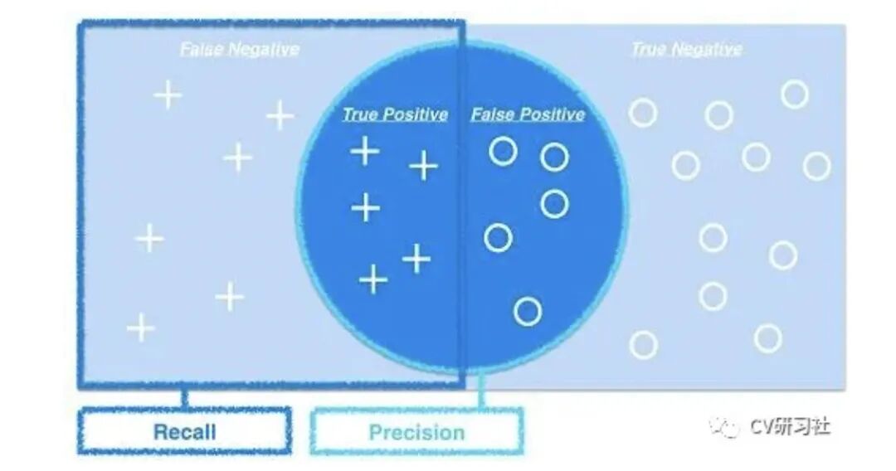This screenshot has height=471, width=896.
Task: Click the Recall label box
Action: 184,431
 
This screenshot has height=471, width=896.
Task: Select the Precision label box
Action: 416,432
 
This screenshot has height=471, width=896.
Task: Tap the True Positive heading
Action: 395,114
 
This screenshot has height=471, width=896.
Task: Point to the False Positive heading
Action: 528,114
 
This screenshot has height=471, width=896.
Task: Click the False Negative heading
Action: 239,49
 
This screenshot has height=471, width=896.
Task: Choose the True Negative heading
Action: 686,49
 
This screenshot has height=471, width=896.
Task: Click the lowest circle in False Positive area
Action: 528,312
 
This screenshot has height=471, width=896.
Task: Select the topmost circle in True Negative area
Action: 794,95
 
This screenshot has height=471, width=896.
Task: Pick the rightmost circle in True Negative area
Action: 816,166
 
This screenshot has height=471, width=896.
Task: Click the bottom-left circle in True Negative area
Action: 643,344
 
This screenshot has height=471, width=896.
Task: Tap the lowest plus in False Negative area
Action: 141,328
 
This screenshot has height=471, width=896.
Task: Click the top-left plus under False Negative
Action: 168,96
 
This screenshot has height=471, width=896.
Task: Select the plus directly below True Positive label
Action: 364,152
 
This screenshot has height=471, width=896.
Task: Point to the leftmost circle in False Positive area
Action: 498,238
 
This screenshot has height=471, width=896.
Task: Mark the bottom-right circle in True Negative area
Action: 767,338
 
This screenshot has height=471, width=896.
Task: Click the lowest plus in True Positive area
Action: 373,280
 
